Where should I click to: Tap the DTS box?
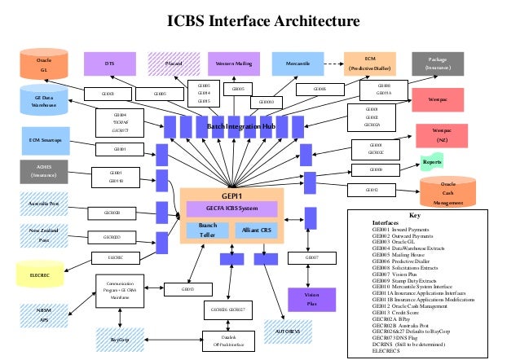(x=109, y=63)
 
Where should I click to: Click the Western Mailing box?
(x=234, y=63)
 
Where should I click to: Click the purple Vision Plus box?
(x=311, y=298)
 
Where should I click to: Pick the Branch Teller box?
(x=207, y=230)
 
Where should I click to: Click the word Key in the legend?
(x=414, y=215)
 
